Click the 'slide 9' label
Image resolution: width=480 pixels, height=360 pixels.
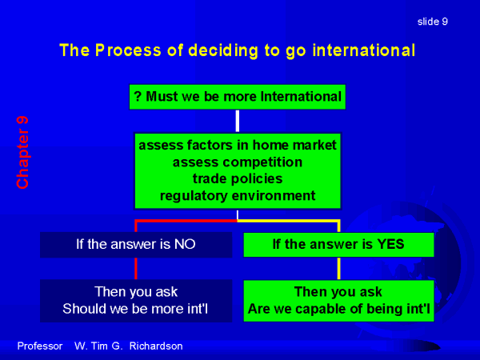tap(433, 22)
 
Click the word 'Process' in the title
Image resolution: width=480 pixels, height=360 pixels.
tap(128, 50)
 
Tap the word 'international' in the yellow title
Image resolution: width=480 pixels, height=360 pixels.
tap(364, 50)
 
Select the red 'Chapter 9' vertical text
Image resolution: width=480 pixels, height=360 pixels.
tap(22, 152)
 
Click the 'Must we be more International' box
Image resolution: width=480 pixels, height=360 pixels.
tap(238, 97)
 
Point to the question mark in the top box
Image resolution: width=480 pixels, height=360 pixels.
tap(138, 97)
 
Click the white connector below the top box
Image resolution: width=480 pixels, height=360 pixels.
tap(238, 121)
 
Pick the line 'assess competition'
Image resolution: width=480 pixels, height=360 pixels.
tap(238, 162)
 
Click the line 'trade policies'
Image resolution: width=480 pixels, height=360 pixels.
tap(238, 178)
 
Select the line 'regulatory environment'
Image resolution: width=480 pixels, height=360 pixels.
tap(238, 196)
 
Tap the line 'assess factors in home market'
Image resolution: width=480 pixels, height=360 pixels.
tap(238, 145)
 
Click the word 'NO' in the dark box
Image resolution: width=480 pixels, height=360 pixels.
tap(185, 244)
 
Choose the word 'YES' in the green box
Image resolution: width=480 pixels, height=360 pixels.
tap(390, 244)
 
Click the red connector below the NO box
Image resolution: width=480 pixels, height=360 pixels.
tap(136, 269)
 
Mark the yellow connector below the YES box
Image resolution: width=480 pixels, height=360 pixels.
tap(339, 269)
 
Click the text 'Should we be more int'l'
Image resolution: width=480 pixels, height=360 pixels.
tap(135, 309)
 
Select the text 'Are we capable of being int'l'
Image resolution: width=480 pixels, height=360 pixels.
tap(339, 309)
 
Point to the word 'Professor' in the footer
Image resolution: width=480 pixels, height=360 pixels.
tap(40, 346)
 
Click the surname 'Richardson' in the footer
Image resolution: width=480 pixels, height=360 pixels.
tap(156, 346)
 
